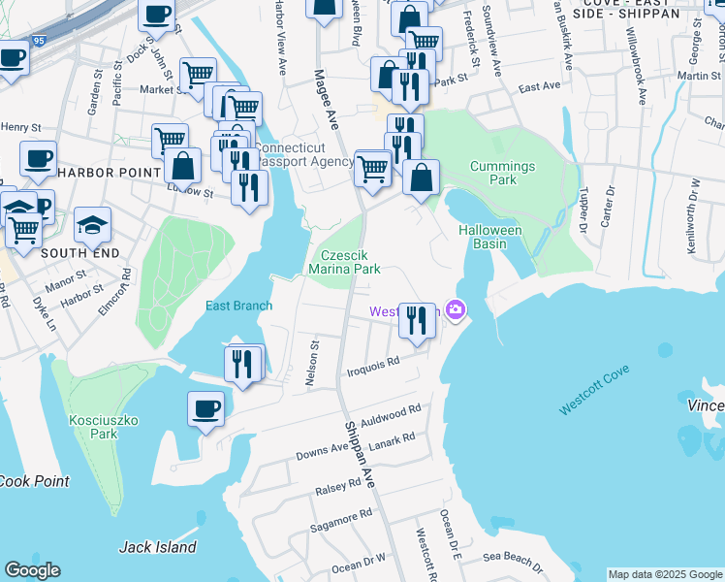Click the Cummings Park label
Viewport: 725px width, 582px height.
(x=502, y=173)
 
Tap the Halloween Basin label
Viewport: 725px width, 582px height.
(x=490, y=237)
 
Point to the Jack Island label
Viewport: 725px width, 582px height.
(x=158, y=547)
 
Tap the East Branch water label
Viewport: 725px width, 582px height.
(x=238, y=306)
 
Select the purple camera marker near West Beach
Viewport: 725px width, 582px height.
(x=455, y=310)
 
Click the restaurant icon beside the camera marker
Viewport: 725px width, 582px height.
(x=417, y=319)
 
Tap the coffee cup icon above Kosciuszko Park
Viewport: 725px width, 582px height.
(x=205, y=409)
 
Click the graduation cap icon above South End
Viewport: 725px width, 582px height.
(x=92, y=225)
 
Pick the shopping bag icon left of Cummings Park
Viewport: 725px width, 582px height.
(x=422, y=178)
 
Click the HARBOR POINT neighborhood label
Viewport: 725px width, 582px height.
(x=108, y=172)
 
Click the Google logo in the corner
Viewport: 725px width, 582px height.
(x=32, y=570)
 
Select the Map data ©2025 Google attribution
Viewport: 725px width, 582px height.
(x=665, y=574)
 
